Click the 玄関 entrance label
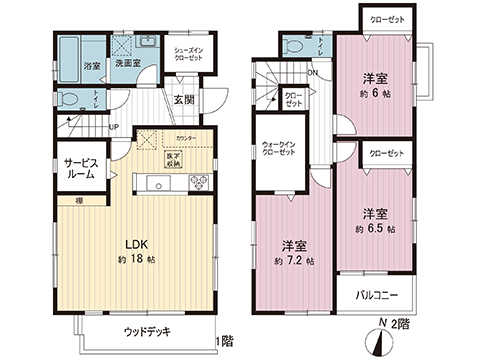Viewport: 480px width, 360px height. (x=183, y=99)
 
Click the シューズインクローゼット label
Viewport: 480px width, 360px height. (x=190, y=55)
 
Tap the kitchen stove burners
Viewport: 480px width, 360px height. (x=197, y=182)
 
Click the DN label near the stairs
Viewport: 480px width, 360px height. (x=313, y=72)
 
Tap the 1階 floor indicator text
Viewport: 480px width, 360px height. (x=226, y=340)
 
